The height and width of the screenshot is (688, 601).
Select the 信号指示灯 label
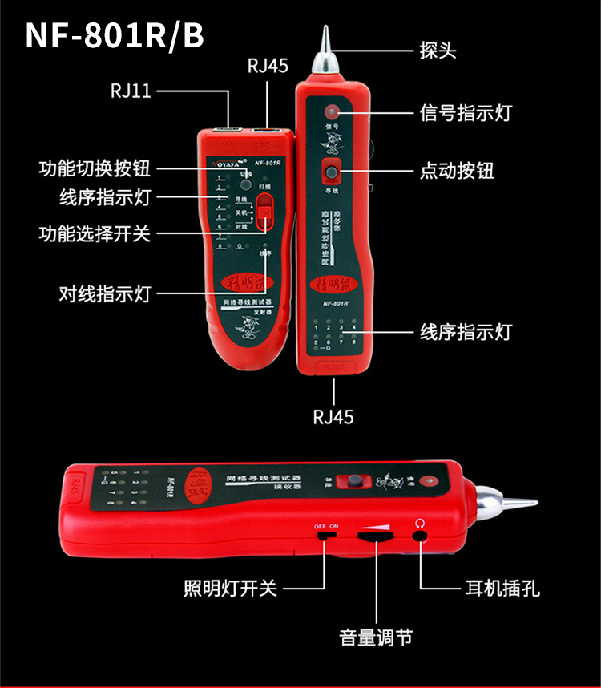[466, 113]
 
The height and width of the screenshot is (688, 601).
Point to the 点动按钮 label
[457, 170]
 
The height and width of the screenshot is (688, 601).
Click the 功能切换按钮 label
[95, 169]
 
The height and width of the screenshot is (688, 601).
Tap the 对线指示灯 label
[105, 293]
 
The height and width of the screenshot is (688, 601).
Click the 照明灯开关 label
[230, 589]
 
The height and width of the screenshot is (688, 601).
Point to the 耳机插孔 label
[502, 589]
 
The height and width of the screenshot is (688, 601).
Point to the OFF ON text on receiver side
[326, 526]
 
